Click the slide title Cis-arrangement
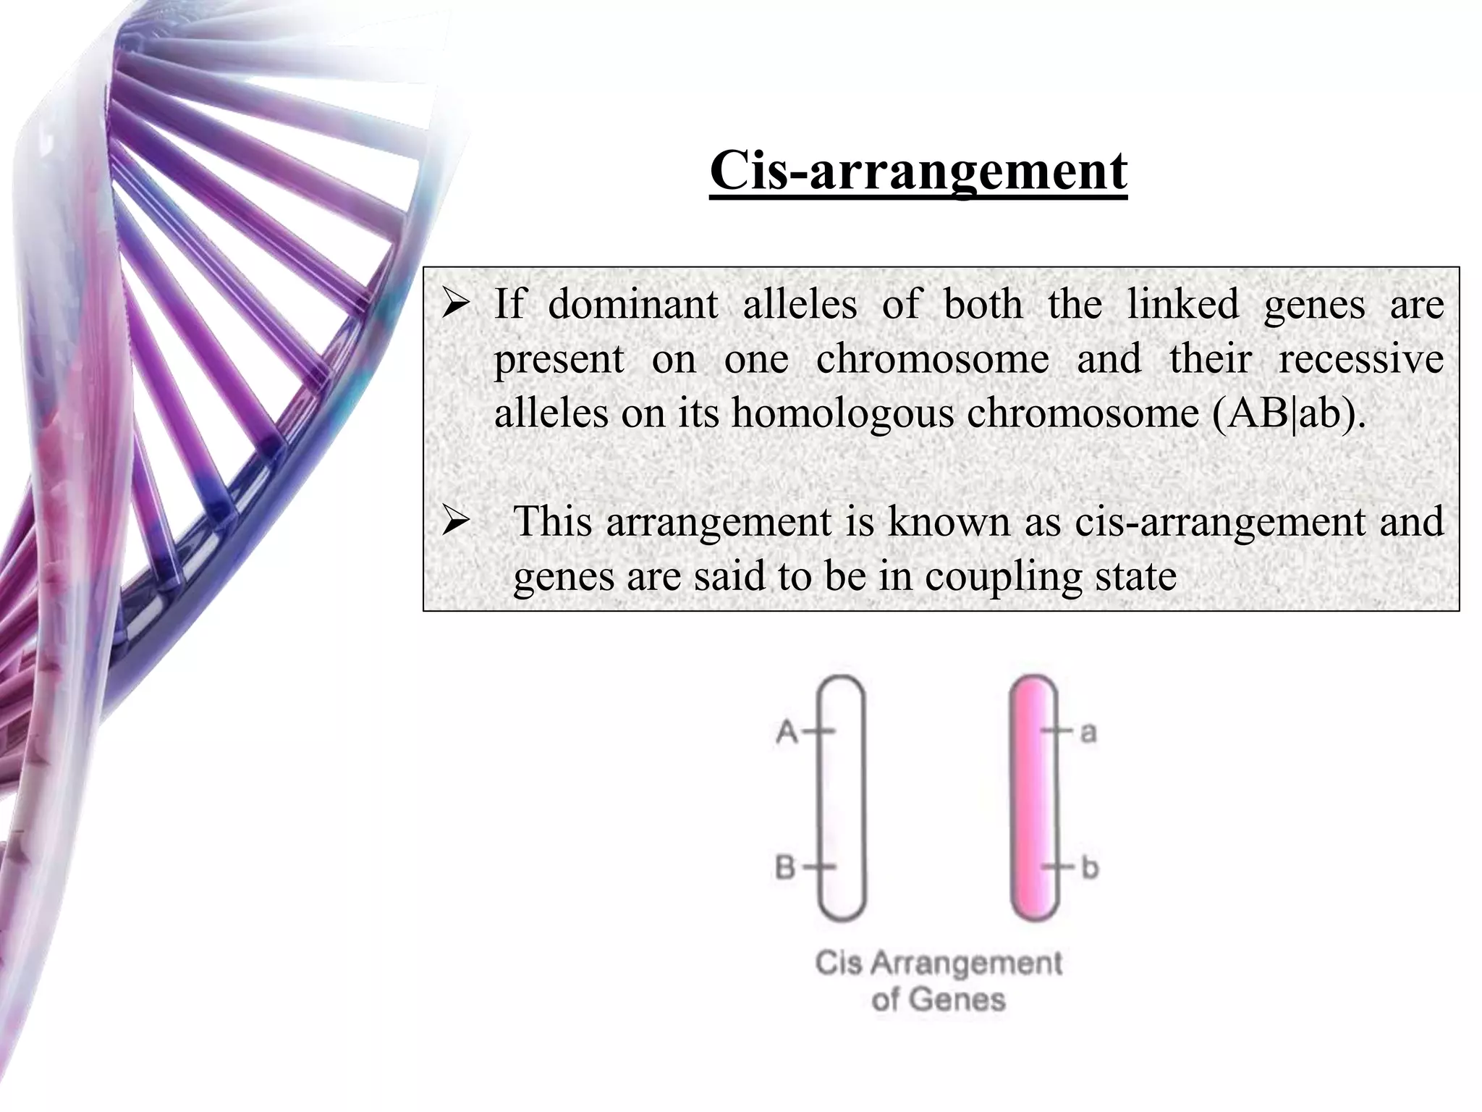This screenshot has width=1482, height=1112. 918,171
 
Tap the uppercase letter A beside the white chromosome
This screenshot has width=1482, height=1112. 787,732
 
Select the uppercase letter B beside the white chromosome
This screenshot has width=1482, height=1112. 786,867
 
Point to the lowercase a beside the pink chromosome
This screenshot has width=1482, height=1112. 1088,733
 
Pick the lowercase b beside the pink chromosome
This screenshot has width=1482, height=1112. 1090,867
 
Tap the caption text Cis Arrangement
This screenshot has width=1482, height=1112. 939,963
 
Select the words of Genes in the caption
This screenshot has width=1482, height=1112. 939,1000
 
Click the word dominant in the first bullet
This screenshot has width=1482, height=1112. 632,304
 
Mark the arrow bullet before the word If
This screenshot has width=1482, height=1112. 457,306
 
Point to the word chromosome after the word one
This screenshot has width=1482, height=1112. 932,359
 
